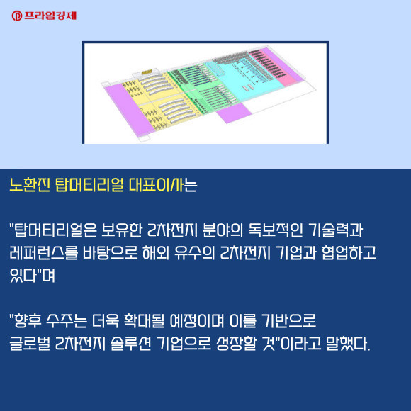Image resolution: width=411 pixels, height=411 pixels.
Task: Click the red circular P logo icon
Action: coord(16,16)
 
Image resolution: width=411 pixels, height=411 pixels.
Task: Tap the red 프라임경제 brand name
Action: coord(50,16)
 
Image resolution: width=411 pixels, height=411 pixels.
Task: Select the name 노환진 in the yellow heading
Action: coord(29,185)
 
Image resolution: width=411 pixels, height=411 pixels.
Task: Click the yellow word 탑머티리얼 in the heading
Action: coord(89,185)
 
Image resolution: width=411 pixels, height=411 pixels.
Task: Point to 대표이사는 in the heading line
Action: coord(163,185)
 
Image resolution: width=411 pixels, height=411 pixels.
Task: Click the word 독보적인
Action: coord(275,230)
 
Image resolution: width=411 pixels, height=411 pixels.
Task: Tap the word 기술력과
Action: coord(336,230)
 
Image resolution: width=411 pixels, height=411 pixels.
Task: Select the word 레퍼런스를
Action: coord(43,253)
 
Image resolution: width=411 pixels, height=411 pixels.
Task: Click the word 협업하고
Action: coord(349,253)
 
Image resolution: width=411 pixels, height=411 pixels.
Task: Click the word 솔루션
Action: coord(130,344)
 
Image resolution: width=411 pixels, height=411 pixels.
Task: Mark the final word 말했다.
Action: coord(348,344)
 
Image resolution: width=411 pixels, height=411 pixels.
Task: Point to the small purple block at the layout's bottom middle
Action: coord(234,113)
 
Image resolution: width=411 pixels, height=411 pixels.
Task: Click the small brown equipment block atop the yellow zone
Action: coord(147,72)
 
